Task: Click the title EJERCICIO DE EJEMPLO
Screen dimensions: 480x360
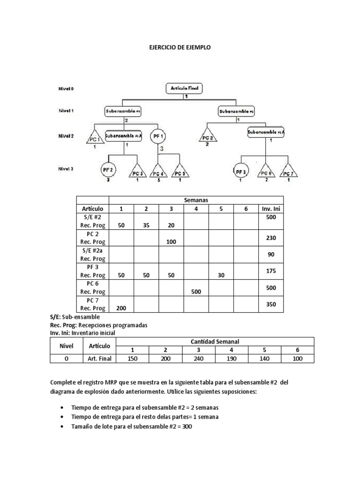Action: click(180, 48)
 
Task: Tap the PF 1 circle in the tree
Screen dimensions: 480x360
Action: click(157, 137)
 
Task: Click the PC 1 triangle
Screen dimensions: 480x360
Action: click(95, 138)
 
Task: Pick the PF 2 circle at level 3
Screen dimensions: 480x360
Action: click(109, 170)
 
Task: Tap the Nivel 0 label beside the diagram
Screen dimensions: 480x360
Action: click(66, 88)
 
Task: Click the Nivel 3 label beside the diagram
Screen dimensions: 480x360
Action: click(66, 170)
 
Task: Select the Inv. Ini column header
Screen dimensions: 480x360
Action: click(271, 209)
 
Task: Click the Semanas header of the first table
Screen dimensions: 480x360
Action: click(196, 200)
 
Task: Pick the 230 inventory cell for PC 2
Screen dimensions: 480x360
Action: click(271, 238)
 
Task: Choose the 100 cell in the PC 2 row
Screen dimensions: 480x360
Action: click(171, 242)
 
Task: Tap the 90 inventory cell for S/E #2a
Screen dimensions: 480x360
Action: click(271, 254)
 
